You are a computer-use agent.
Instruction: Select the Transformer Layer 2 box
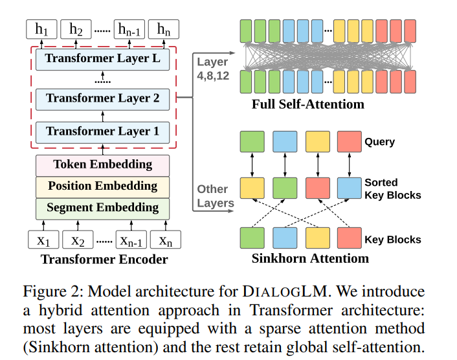[102, 98]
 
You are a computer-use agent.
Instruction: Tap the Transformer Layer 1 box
[102, 131]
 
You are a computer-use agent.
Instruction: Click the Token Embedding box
[102, 164]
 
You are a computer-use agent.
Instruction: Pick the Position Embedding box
[102, 186]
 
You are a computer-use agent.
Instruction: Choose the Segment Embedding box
[102, 208]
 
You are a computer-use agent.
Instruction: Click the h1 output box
[42, 29]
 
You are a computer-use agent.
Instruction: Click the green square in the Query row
[251, 142]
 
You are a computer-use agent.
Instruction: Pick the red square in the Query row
[349, 142]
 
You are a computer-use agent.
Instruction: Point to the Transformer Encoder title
[104, 260]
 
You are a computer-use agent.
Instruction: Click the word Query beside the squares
[379, 142]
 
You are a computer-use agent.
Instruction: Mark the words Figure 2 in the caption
[63, 291]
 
